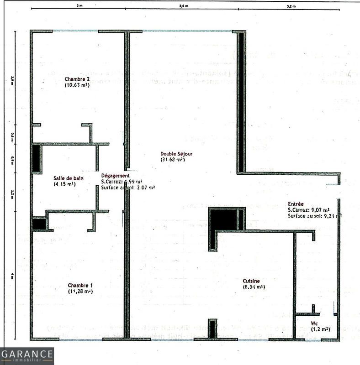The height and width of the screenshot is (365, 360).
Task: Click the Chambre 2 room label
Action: point(77,79)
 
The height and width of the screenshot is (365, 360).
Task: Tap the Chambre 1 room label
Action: point(80,285)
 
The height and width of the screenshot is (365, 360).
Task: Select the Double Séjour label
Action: point(173,153)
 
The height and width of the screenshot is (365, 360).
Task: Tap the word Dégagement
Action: point(115,175)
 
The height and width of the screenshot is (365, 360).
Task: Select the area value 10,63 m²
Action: point(77,85)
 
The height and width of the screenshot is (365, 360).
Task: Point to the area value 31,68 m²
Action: point(173,160)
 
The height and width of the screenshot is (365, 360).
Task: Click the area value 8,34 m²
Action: point(254,287)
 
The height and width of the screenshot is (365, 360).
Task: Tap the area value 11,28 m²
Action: point(80,291)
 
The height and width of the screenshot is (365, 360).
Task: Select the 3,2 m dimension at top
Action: point(291,6)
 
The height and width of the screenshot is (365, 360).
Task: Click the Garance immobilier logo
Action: point(27,356)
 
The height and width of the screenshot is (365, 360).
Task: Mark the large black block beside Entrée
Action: point(223,219)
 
